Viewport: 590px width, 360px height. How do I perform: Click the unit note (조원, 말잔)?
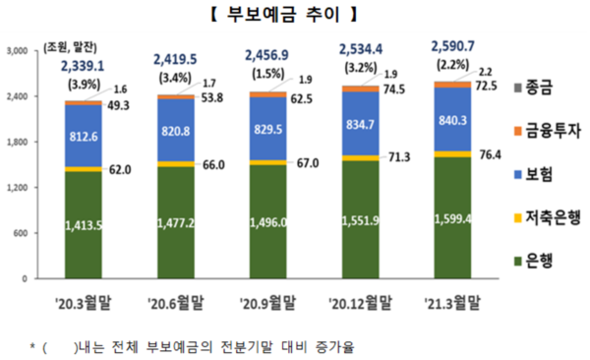pyautogui.click(x=75, y=42)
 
